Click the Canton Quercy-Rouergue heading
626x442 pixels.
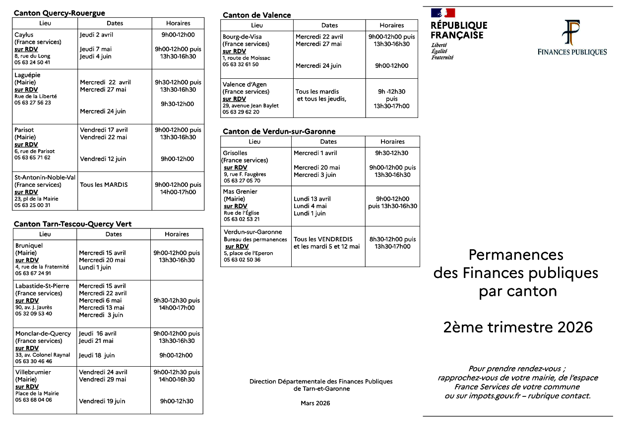[x=60, y=13]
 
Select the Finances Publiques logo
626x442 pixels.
[x=572, y=38]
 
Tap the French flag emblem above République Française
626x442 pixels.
[x=442, y=13]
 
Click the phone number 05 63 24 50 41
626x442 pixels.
[x=32, y=62]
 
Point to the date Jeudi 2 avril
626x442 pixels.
[x=96, y=35]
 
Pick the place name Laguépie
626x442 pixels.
[x=27, y=75]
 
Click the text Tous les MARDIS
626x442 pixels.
[x=104, y=185]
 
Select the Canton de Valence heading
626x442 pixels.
[x=257, y=15]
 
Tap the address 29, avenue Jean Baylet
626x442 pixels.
[x=250, y=106]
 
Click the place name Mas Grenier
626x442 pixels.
[x=241, y=192]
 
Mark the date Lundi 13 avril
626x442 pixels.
[x=312, y=199]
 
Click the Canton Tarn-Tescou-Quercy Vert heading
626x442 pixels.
[x=72, y=224]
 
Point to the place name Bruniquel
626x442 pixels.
[x=29, y=246]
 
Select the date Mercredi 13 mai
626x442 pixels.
[x=102, y=308]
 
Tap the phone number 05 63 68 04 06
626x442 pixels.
[x=33, y=400]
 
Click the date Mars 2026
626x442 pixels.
[x=315, y=403]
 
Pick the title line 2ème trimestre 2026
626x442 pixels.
[x=518, y=328]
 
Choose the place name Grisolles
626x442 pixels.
[x=235, y=153]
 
